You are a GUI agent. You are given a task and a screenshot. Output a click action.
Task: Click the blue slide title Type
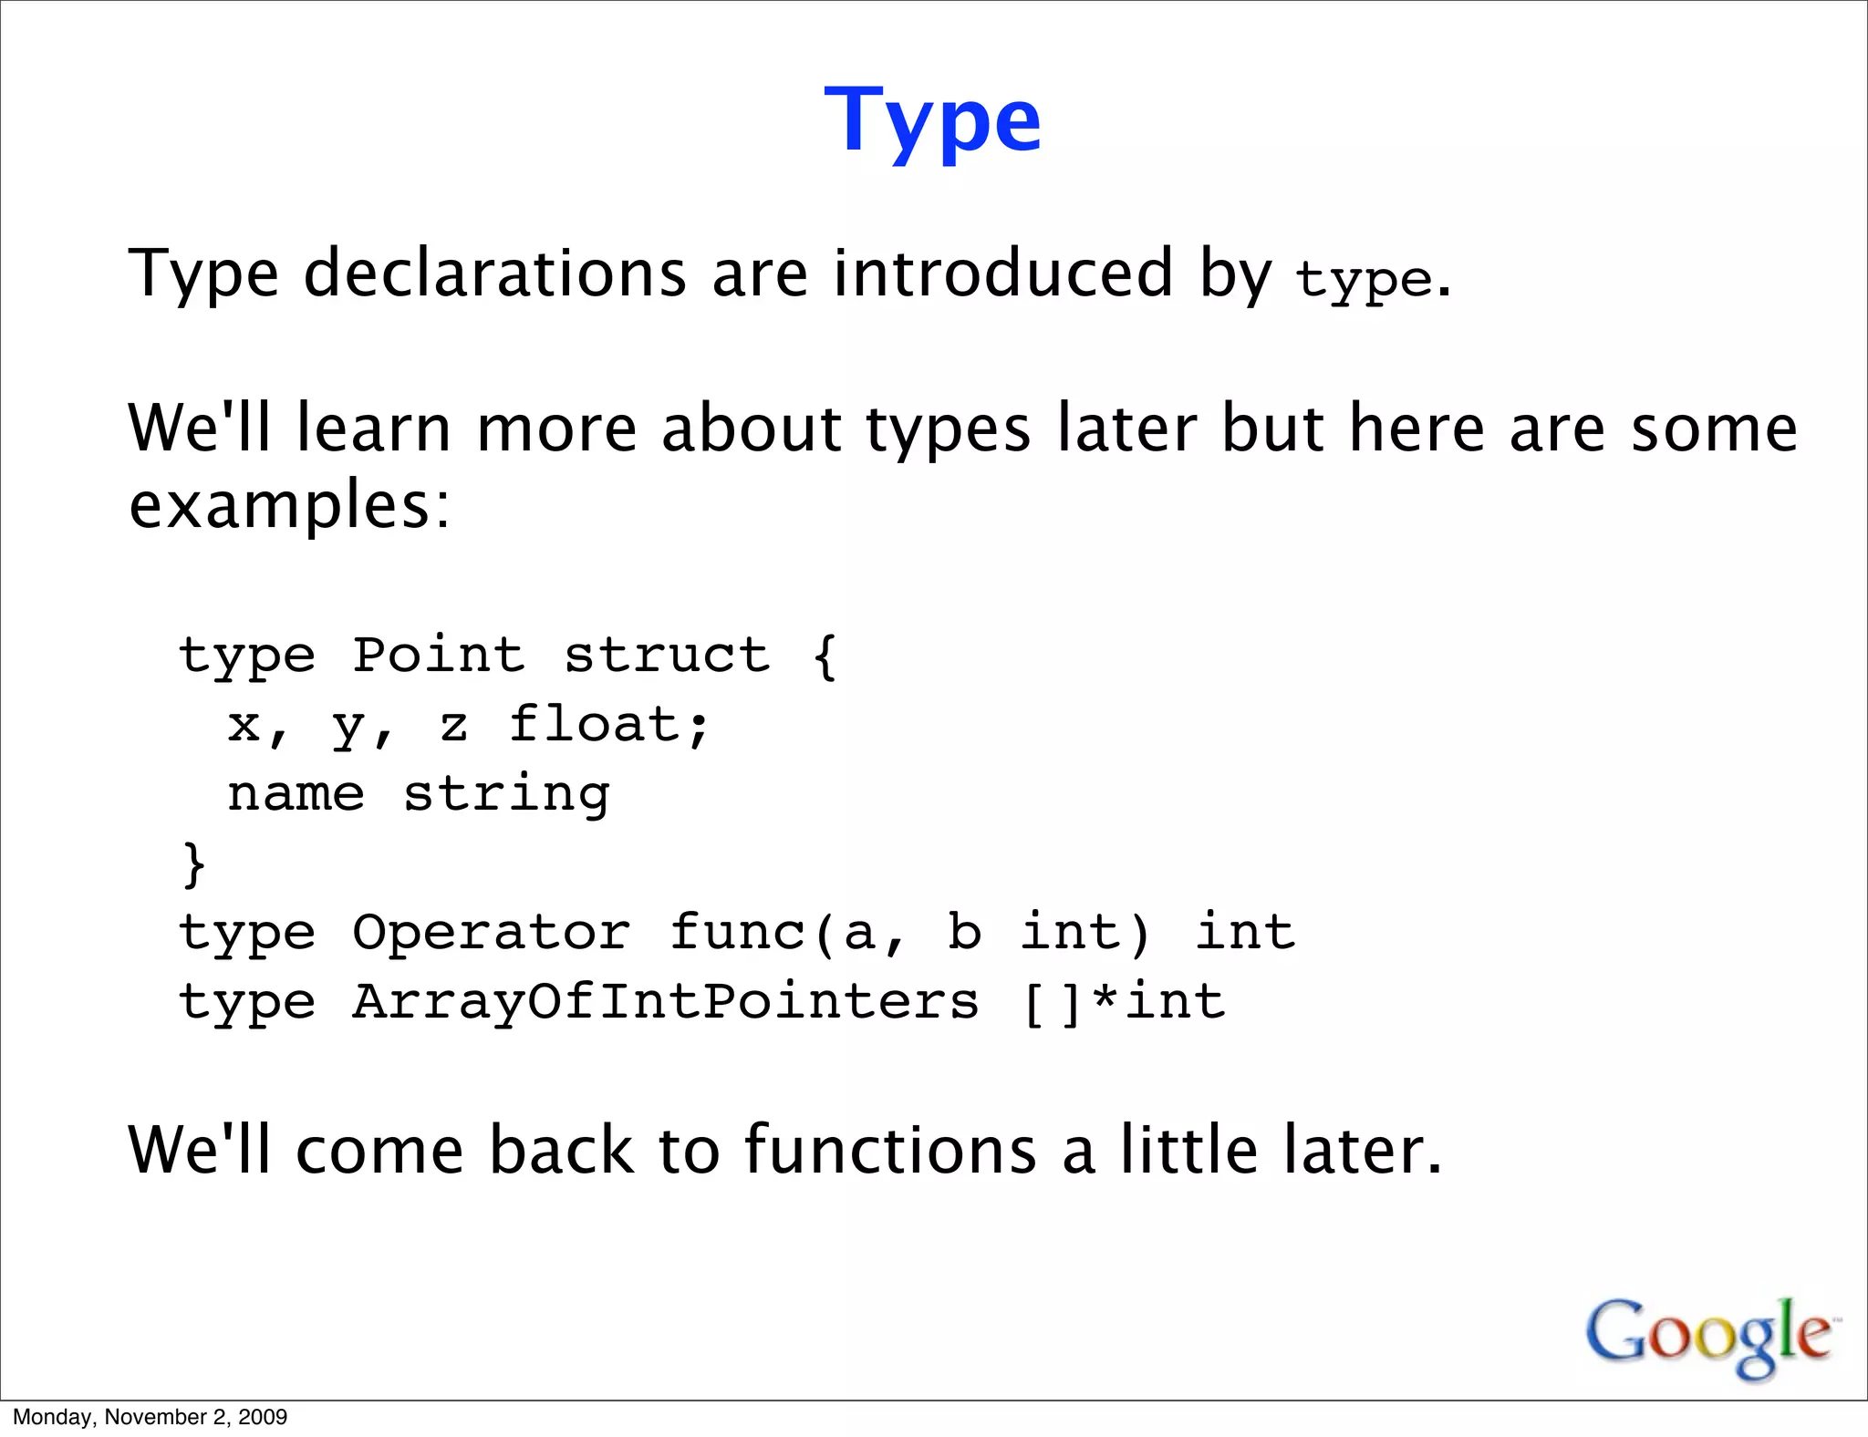click(932, 121)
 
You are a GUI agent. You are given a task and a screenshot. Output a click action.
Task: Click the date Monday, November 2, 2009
click(150, 1417)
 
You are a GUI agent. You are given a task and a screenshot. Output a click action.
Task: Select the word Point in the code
click(439, 655)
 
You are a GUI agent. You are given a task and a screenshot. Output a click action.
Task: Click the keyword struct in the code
click(667, 655)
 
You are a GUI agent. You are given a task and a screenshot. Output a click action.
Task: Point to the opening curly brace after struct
click(825, 655)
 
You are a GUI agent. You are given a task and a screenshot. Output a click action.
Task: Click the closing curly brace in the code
click(193, 863)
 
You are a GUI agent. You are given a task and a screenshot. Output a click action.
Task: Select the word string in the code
click(507, 794)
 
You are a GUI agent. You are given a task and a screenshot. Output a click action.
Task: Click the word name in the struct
click(296, 794)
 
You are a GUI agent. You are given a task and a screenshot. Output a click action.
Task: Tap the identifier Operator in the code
click(492, 932)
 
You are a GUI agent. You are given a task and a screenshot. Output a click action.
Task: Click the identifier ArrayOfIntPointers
click(666, 1001)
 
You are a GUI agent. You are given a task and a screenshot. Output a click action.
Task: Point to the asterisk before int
click(1105, 1001)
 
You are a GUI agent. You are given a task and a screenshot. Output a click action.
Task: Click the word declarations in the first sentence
click(494, 273)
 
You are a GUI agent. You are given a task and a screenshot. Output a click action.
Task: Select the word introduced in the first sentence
click(1002, 273)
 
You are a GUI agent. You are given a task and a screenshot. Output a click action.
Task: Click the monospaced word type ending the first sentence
click(1364, 279)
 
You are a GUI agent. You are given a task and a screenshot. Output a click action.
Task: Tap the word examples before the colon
click(278, 505)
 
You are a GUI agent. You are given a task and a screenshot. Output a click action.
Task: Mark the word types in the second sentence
click(949, 429)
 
